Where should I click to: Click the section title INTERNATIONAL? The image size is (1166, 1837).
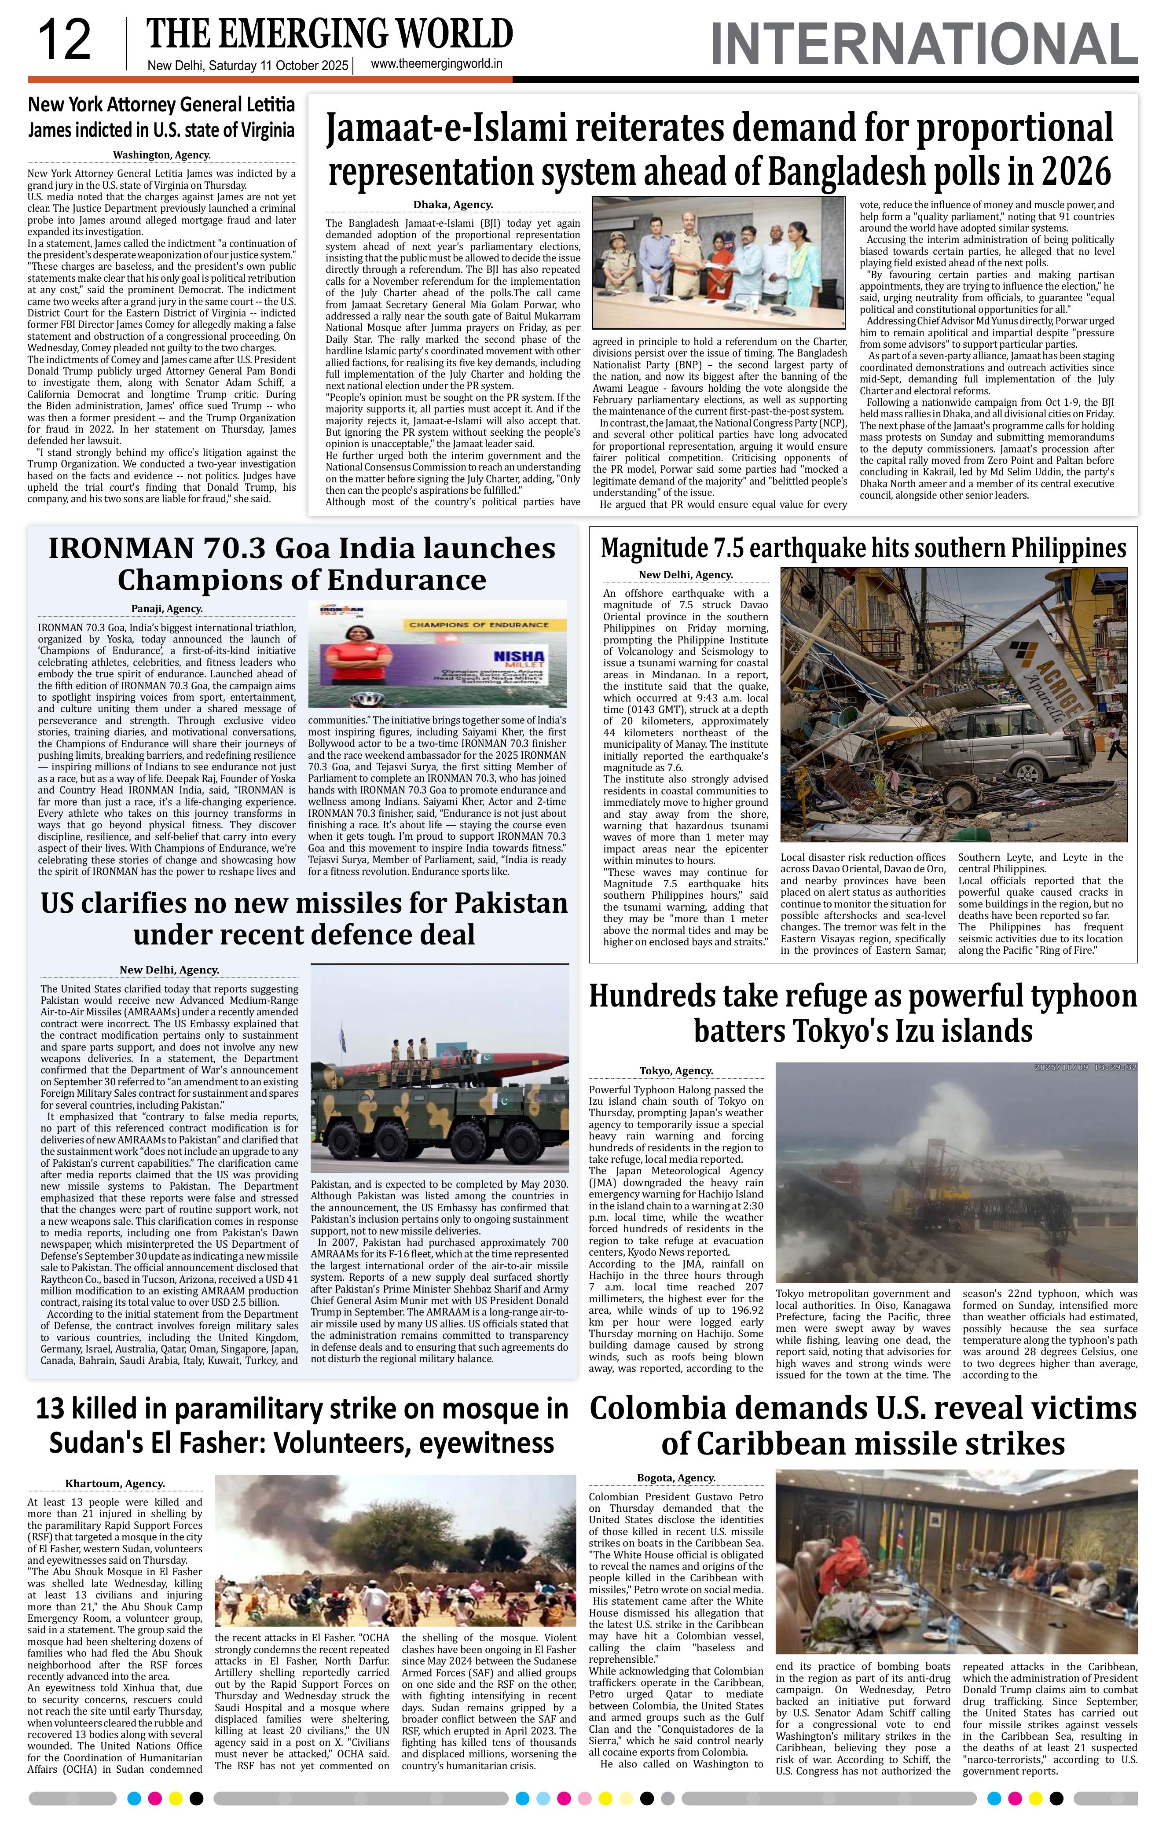[923, 44]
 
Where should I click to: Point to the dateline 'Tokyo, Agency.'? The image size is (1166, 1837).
[676, 1070]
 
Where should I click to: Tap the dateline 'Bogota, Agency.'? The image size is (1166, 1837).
[676, 1478]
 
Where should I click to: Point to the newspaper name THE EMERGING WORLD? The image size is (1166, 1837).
[330, 34]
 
